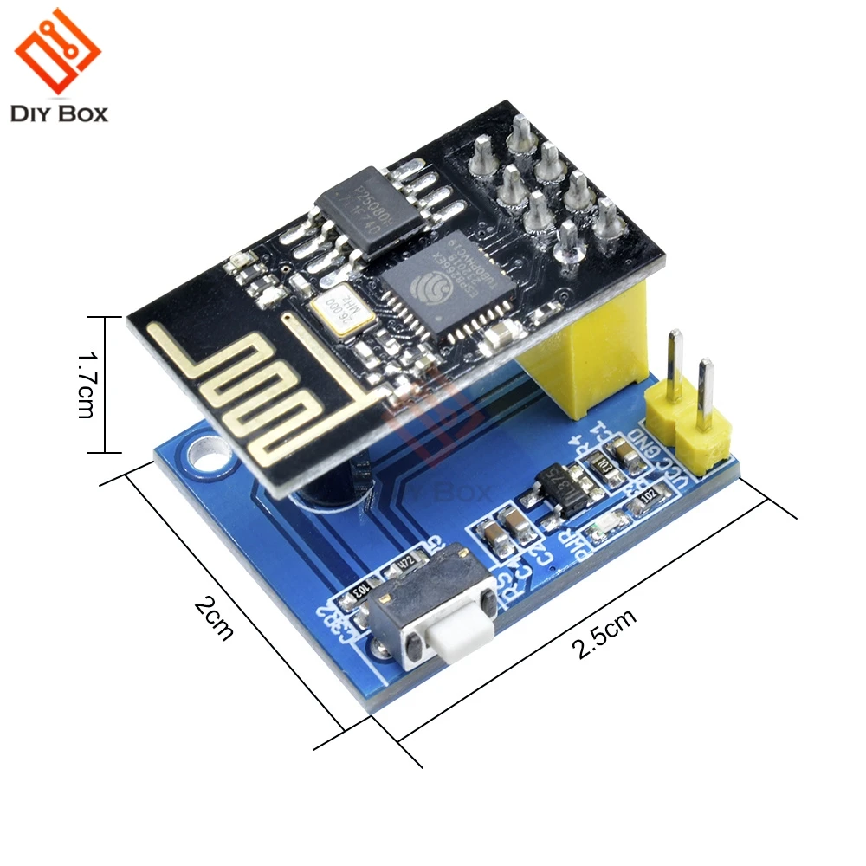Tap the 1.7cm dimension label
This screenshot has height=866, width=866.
point(85,384)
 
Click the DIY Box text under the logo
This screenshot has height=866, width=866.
point(59,113)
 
